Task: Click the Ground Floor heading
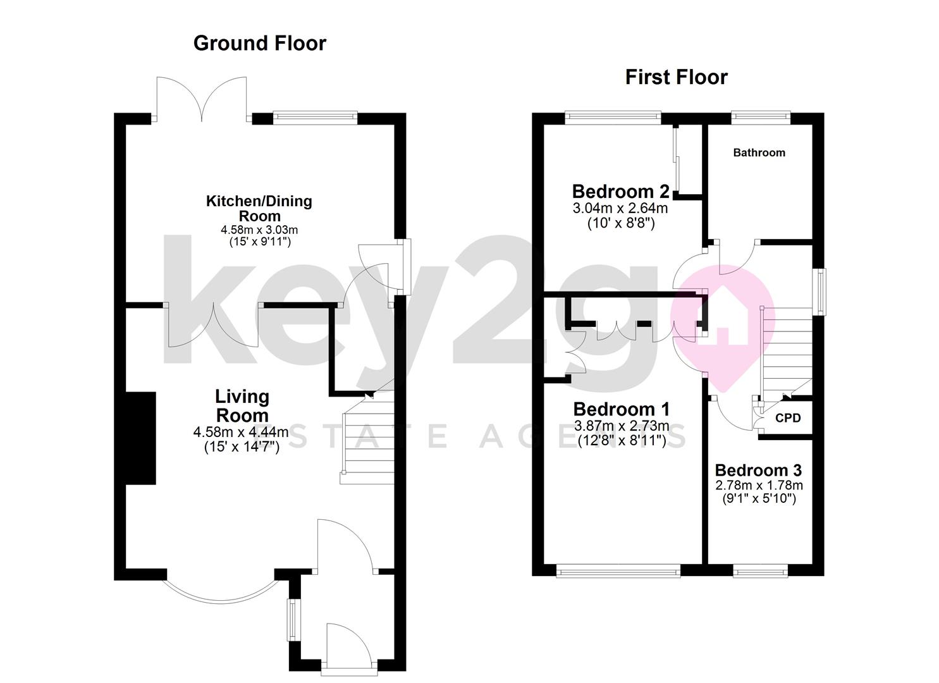pos(259,43)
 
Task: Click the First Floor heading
pos(676,77)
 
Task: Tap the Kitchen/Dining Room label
pos(259,208)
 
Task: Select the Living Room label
pos(242,406)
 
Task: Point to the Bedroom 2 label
pos(620,191)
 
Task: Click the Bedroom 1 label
pos(621,409)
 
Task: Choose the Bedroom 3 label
pos(758,470)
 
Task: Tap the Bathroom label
pos(759,152)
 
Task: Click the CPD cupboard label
pos(788,418)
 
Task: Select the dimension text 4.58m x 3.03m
pos(259,229)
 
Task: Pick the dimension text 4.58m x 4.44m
pos(242,433)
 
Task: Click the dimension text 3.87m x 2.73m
pos(621,426)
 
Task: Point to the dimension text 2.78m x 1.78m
pos(759,485)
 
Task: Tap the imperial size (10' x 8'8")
pos(620,223)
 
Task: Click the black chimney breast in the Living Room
pos(141,438)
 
